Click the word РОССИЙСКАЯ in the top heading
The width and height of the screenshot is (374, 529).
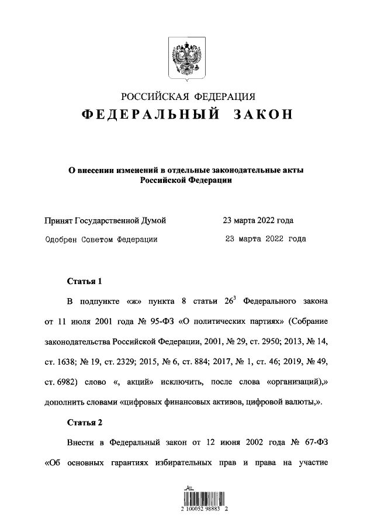pyautogui.click(x=154, y=96)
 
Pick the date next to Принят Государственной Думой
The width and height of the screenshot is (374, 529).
pyautogui.click(x=258, y=220)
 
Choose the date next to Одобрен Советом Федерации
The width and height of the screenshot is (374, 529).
pyautogui.click(x=266, y=238)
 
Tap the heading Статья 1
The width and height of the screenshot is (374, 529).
pyautogui.click(x=85, y=281)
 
